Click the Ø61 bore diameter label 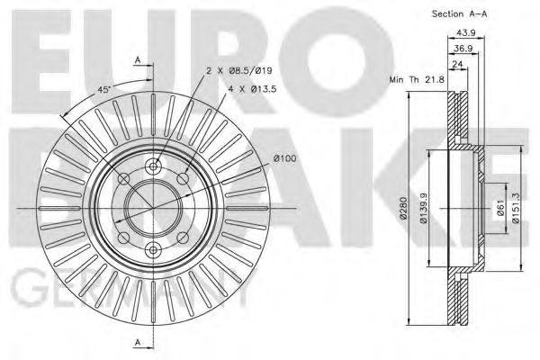click(499, 211)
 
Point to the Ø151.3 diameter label click(515, 210)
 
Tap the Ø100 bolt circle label click(284, 159)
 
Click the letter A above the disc click(138, 59)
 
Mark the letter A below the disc click(138, 341)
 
